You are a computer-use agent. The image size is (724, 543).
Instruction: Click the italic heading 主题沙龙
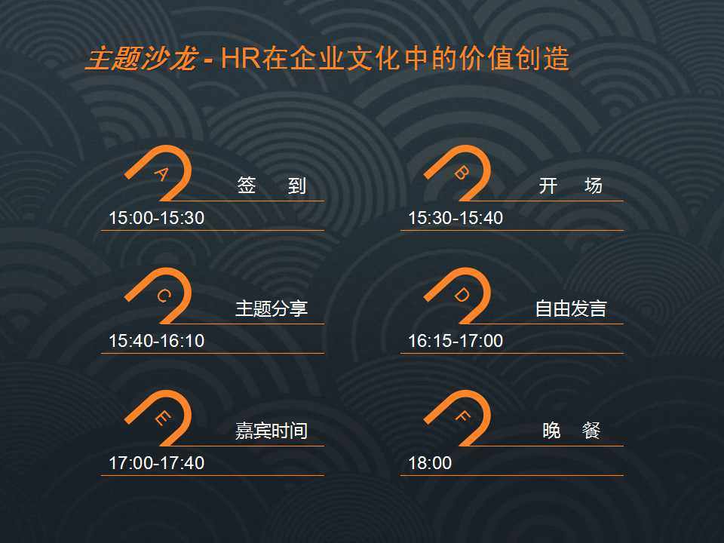[143, 59]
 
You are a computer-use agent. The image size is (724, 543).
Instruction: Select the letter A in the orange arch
[162, 174]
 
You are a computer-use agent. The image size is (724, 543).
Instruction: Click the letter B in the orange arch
[462, 173]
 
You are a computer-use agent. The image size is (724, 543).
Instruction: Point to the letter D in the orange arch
[462, 296]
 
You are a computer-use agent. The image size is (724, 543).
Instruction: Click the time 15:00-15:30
[157, 218]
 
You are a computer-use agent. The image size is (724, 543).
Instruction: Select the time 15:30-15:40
[456, 218]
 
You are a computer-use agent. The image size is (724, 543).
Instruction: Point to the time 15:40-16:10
[157, 341]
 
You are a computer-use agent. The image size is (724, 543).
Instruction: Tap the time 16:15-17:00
[456, 341]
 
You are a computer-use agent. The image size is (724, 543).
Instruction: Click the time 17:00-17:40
[157, 463]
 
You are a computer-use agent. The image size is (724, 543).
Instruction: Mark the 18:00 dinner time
[430, 463]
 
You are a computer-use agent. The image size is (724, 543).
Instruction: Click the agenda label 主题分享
[271, 308]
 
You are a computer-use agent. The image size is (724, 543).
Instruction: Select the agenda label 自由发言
[571, 308]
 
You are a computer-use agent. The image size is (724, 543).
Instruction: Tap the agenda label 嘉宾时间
[271, 431]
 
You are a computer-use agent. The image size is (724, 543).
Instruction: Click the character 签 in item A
[246, 186]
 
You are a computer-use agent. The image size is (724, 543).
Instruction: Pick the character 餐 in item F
[591, 431]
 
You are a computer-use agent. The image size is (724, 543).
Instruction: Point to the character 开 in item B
[548, 186]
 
